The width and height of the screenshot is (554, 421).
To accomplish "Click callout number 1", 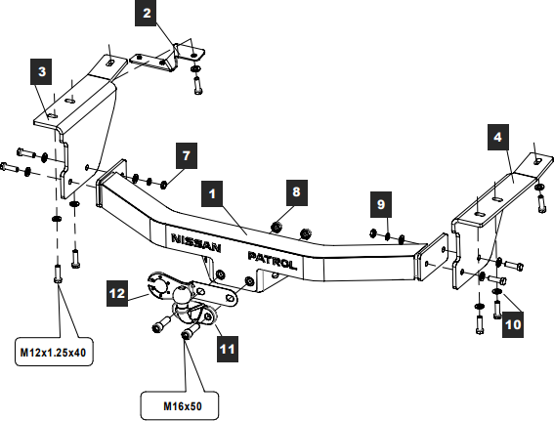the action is tap(212, 193).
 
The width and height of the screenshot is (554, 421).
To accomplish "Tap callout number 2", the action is tap(147, 13).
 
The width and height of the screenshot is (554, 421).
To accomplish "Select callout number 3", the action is tap(41, 71).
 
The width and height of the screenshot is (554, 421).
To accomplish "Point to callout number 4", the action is tap(498, 137).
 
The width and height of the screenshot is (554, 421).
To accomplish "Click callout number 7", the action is tap(187, 155).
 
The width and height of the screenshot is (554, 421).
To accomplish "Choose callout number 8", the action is tap(297, 192).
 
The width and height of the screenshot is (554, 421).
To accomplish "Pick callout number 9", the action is tap(381, 204).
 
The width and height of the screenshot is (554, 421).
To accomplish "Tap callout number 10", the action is tap(513, 324).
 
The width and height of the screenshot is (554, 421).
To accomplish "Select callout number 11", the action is tap(228, 349).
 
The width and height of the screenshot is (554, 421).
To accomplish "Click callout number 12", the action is tap(117, 293).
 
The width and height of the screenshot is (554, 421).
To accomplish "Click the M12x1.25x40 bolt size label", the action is tap(54, 352).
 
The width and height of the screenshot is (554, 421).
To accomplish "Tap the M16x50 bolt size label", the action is tap(183, 406).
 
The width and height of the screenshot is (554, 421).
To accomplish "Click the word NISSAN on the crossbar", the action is tap(196, 243).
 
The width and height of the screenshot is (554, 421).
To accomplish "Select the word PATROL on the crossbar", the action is tap(272, 260).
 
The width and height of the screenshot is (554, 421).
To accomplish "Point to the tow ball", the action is tap(183, 294).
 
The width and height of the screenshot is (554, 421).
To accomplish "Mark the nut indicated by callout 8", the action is tap(276, 228).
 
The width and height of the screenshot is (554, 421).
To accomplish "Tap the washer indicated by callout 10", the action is tap(497, 291).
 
